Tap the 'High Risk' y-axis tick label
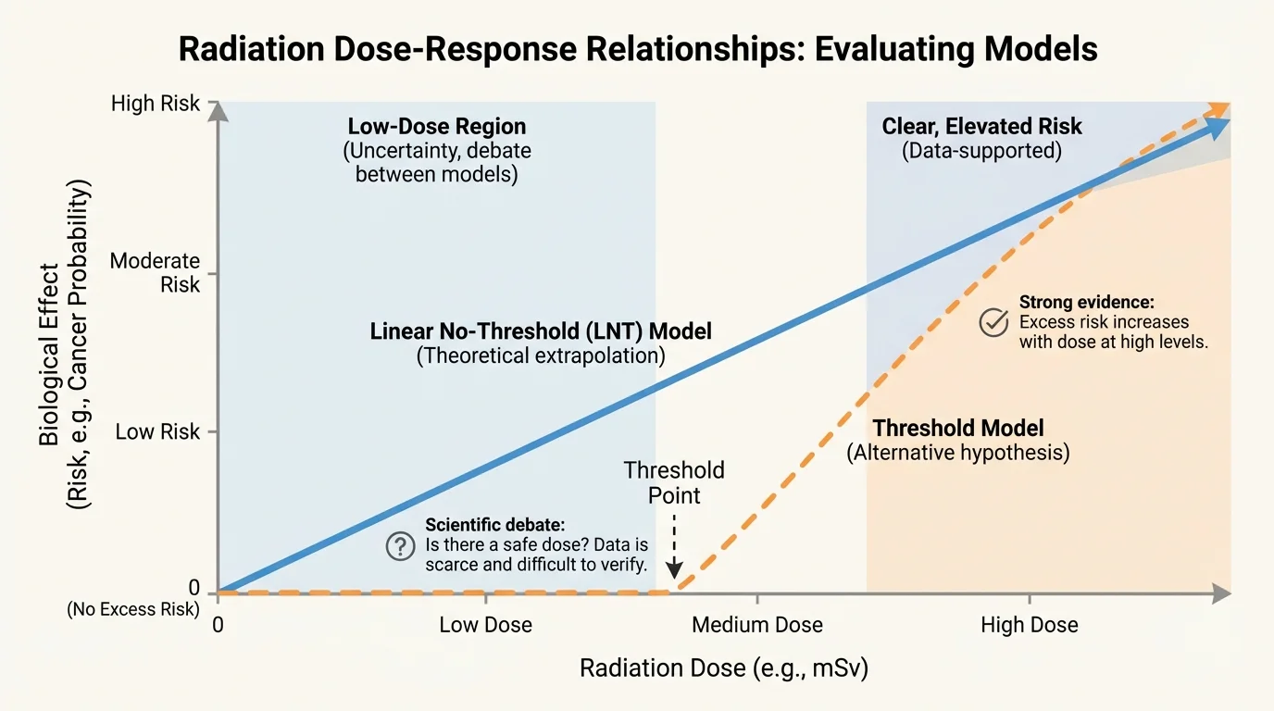(x=155, y=103)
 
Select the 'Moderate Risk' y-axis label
(x=155, y=272)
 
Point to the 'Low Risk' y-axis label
(x=157, y=431)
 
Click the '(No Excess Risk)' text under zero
(x=132, y=609)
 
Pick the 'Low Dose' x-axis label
(x=485, y=625)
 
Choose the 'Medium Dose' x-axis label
(x=756, y=625)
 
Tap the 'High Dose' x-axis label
(x=1029, y=625)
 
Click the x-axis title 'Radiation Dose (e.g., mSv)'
(x=724, y=668)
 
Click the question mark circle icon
(x=400, y=546)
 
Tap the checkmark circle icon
(x=993, y=322)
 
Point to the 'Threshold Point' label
(x=674, y=482)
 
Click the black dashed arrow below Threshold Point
(x=675, y=546)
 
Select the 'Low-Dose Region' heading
(x=436, y=127)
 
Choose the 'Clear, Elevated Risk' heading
(x=981, y=127)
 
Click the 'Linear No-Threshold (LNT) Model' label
(x=541, y=331)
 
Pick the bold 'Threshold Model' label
(x=958, y=428)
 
